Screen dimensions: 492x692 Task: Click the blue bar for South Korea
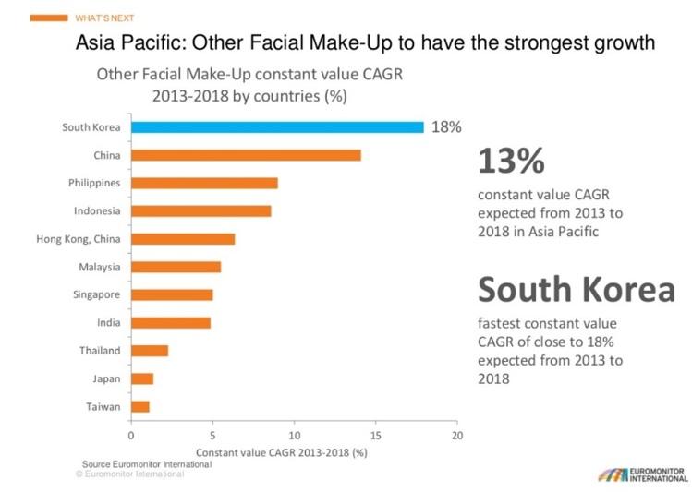(277, 127)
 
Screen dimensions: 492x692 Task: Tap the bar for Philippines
(204, 183)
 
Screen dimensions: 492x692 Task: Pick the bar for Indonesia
(201, 211)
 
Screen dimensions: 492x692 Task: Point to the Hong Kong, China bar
(183, 239)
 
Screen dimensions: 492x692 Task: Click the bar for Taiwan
(140, 406)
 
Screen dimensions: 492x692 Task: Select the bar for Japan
(142, 378)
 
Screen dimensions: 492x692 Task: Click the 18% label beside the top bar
(445, 127)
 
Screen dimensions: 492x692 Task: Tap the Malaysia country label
(99, 268)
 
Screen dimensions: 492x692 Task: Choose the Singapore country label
(96, 295)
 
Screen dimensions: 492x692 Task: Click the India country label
(108, 323)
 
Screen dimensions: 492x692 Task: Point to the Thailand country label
(100, 351)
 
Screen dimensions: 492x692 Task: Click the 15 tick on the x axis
(375, 435)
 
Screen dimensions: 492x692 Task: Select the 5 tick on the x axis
(212, 435)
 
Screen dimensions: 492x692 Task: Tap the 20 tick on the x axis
(456, 435)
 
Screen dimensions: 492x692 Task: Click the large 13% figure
(511, 161)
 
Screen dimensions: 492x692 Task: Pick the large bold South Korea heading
(576, 291)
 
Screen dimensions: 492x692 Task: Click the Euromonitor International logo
(635, 471)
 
